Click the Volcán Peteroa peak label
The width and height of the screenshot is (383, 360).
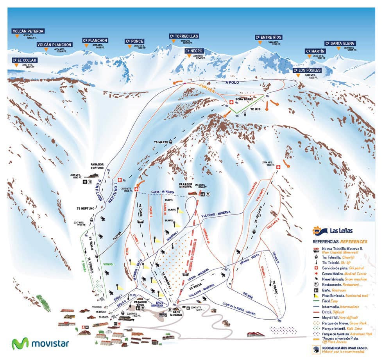point(28,31)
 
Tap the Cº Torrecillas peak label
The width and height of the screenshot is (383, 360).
point(184,36)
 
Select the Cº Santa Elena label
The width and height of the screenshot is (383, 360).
point(339,43)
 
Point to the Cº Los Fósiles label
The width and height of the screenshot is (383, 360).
point(308,70)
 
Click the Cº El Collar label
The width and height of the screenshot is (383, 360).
point(24,60)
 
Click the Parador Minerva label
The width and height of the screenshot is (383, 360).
point(186,184)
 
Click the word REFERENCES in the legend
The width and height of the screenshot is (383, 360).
point(355,242)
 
